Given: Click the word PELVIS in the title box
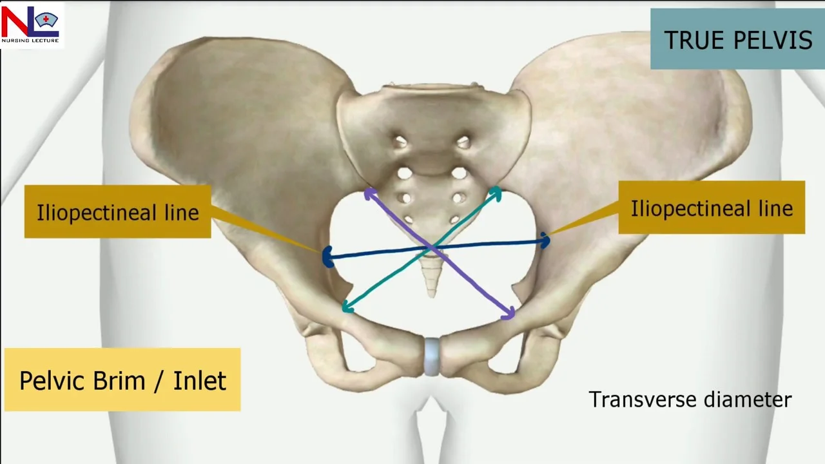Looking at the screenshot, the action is (773, 40).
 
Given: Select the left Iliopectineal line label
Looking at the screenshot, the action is (117, 213).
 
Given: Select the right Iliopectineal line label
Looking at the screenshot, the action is (712, 208).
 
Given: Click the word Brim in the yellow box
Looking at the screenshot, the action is (119, 380).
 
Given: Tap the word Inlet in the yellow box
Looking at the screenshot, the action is (200, 380).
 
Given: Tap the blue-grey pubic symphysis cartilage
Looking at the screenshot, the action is (432, 356).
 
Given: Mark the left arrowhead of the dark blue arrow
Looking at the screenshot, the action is (327, 257).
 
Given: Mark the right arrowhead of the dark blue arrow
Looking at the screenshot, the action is (546, 240).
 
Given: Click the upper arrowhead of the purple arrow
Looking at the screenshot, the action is (369, 193).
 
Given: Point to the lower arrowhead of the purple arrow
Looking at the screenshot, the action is (509, 314).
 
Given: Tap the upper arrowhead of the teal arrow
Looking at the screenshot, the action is (496, 192).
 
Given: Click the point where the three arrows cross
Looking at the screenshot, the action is (432, 249).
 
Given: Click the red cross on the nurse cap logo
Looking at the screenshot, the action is (46, 19).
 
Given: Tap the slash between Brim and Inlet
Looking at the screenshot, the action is (159, 381).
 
